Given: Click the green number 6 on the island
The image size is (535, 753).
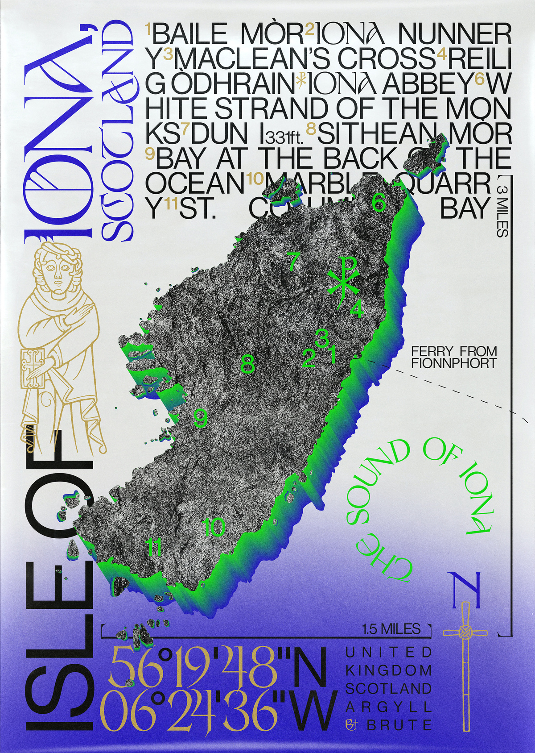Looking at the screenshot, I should (x=379, y=204).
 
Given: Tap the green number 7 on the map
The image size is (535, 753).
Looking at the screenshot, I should (x=292, y=261).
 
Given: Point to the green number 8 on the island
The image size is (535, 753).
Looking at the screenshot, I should (x=247, y=364).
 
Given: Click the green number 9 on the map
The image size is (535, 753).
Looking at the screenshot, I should (x=201, y=418).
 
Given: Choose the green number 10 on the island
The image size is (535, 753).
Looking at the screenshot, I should (x=214, y=528).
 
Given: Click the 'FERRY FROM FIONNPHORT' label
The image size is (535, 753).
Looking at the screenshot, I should (x=453, y=357).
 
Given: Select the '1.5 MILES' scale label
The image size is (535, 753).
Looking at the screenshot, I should (x=391, y=629).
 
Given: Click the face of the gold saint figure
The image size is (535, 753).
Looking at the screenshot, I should (x=57, y=271).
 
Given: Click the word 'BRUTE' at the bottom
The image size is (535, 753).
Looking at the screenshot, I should (x=399, y=725).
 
